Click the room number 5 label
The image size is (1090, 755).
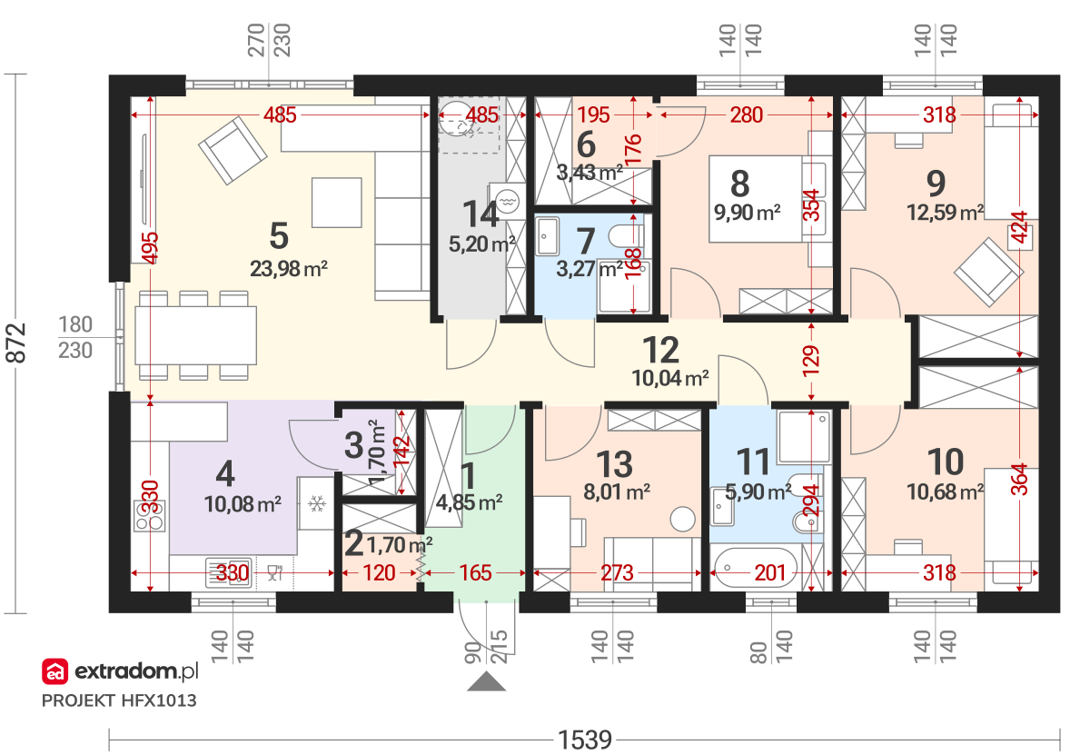279,236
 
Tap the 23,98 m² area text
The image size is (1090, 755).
289,269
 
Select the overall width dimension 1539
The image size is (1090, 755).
584,740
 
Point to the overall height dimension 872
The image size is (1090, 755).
15,343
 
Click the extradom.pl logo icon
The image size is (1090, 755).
55,671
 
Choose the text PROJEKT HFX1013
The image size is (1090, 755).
119,701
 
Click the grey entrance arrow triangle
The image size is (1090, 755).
486,681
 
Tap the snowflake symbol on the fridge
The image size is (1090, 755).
317,504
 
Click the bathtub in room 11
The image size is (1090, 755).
756,567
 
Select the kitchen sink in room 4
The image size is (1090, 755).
229,573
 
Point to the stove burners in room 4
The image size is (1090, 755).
149,516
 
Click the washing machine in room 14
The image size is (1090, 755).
507,201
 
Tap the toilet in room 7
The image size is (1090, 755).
626,236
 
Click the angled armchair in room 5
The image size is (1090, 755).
233,151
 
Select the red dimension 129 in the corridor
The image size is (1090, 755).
811,361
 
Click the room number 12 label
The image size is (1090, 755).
660,350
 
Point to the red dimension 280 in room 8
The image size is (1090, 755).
746,115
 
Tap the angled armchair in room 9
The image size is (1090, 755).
988,272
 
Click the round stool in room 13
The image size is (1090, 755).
682,519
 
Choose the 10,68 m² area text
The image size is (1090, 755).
945,492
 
